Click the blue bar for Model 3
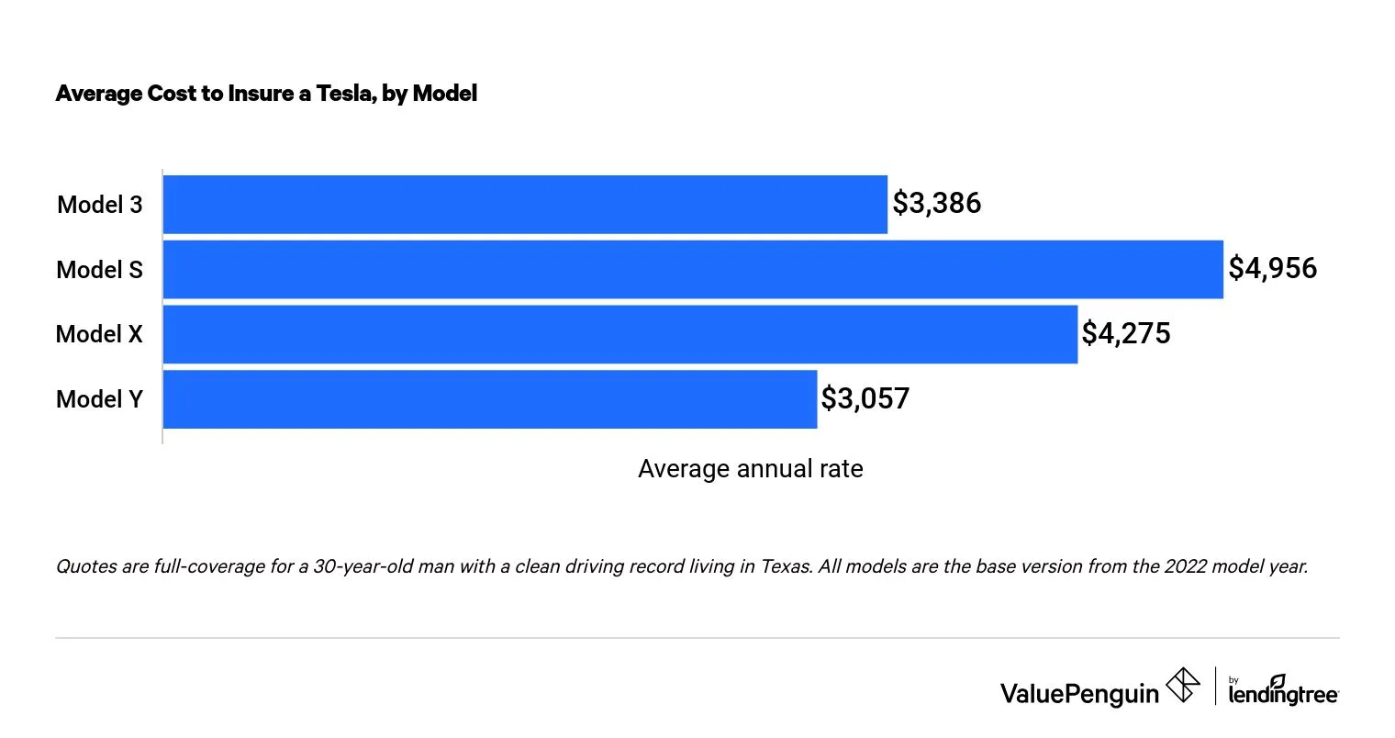[x=525, y=204]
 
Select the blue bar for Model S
[x=693, y=269]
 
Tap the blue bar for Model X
[x=619, y=334]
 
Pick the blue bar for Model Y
[x=489, y=399]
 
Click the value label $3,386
[x=937, y=203]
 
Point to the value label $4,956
[x=1273, y=268]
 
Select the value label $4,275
[x=1126, y=333]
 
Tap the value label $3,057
[x=865, y=398]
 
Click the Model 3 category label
[x=100, y=205]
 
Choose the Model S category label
[x=100, y=270]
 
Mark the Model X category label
[x=100, y=334]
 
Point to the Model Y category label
[x=100, y=399]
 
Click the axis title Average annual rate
[x=750, y=469]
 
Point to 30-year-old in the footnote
[x=379, y=566]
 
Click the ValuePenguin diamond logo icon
[x=1182, y=685]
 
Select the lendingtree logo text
[x=1283, y=695]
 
